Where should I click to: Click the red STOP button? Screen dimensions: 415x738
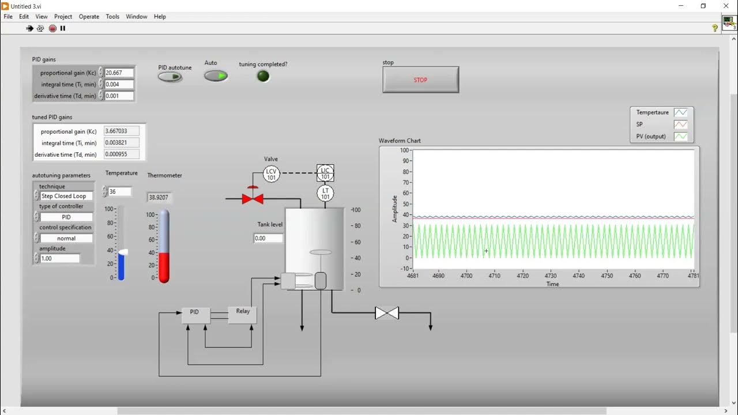tap(420, 80)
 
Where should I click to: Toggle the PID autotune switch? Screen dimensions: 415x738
tap(170, 77)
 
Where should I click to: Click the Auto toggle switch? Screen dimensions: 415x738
tap(216, 76)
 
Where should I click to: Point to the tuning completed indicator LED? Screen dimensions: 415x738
tap(263, 76)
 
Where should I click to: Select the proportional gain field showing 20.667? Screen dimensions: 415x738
tap(119, 73)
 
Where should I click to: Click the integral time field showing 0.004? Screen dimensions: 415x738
tap(119, 85)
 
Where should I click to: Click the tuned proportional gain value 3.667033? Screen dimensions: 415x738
tap(121, 131)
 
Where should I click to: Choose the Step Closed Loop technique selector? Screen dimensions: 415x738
tap(66, 196)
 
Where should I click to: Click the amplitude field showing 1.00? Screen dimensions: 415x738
tap(59, 259)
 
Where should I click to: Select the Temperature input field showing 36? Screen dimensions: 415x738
tap(119, 191)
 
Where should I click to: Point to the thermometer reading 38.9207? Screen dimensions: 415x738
tap(159, 197)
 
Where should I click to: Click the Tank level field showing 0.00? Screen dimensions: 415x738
tap(268, 238)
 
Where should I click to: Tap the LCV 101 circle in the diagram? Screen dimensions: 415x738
tap(271, 174)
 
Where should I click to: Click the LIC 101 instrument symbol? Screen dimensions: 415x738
tap(325, 173)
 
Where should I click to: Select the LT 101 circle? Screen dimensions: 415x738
tap(325, 194)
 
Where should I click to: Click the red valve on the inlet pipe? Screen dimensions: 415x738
tap(253, 198)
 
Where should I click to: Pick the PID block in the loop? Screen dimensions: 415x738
tap(195, 315)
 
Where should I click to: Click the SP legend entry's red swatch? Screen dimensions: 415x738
tap(681, 124)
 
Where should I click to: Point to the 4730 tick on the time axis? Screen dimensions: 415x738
tap(551, 276)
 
